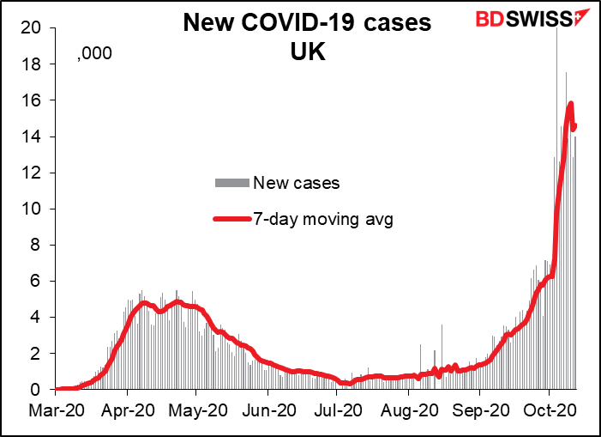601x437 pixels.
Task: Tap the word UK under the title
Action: tap(308, 53)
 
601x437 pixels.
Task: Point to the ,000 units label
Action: tap(95, 56)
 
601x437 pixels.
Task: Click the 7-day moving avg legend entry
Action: tap(322, 220)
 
